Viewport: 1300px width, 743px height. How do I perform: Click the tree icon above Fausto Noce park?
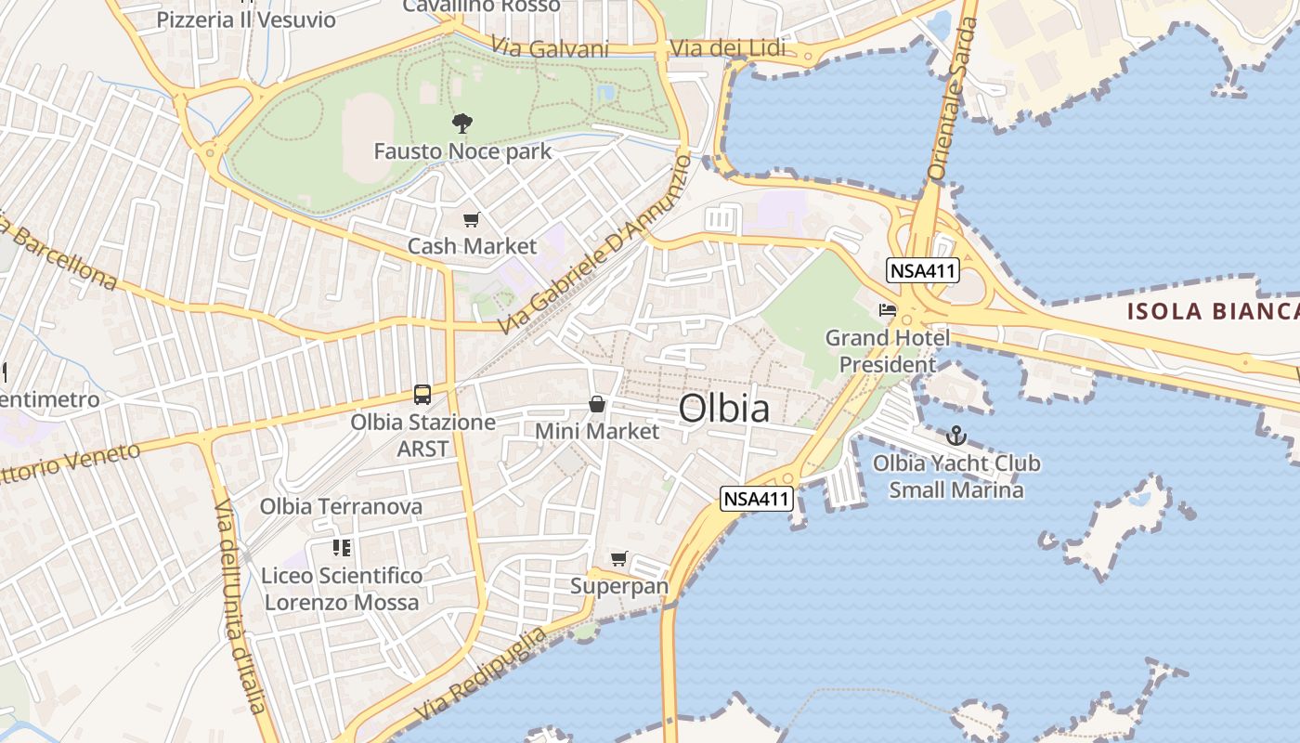point(461,124)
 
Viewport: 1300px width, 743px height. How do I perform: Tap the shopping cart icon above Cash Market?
point(472,220)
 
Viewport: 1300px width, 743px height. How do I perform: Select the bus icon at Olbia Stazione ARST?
point(422,394)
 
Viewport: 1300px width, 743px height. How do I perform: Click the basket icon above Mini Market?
point(597,404)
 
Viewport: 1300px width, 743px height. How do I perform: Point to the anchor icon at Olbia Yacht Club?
point(956,435)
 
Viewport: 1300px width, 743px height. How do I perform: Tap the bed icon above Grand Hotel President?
point(888,309)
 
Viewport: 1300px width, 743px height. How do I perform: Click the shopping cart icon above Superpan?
point(618,558)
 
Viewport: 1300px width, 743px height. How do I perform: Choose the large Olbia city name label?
point(723,408)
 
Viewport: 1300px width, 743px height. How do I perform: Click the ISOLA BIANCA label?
point(1212,311)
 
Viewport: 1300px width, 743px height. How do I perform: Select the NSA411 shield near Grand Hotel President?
point(922,270)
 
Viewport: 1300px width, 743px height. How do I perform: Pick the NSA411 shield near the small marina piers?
point(758,499)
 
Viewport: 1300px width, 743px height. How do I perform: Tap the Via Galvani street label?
point(550,48)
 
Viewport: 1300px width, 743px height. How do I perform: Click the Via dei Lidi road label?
point(727,48)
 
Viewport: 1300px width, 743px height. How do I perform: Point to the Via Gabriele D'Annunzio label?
point(595,245)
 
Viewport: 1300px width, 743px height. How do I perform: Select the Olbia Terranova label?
point(341,506)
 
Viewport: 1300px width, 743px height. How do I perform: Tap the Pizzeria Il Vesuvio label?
point(246,20)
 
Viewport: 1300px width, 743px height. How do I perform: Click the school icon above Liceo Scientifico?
point(342,548)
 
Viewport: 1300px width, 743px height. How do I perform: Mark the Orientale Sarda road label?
point(953,98)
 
